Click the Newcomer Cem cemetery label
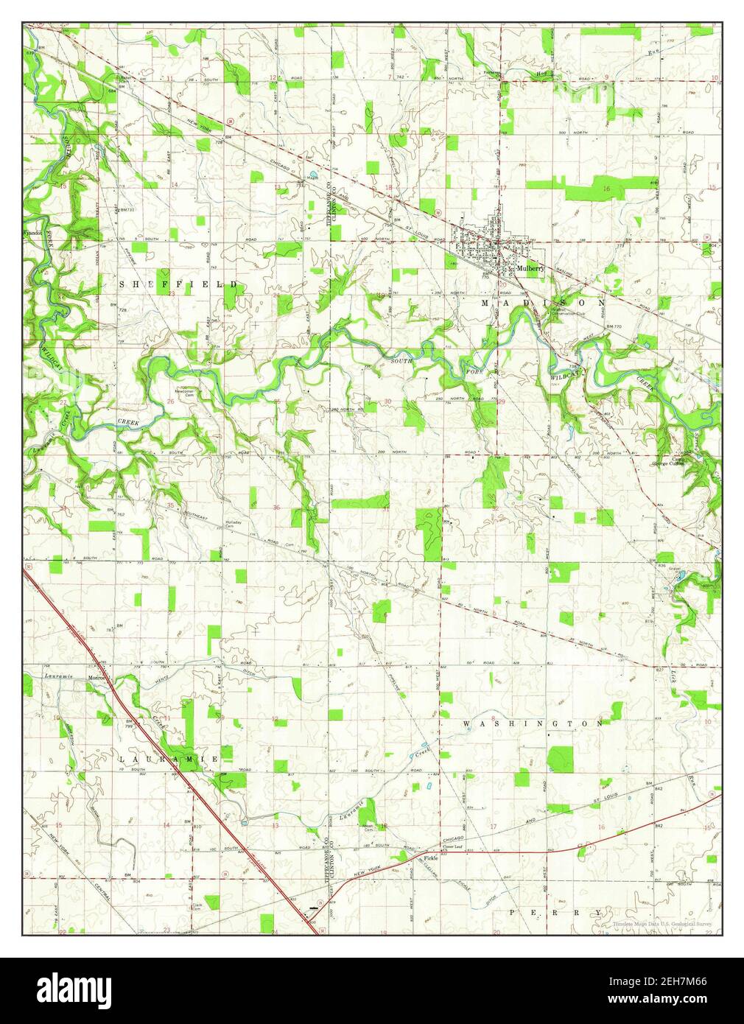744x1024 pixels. (x=183, y=393)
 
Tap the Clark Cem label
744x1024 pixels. (x=197, y=906)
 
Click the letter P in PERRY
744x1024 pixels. (x=513, y=912)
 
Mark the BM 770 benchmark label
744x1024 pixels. (x=614, y=325)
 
